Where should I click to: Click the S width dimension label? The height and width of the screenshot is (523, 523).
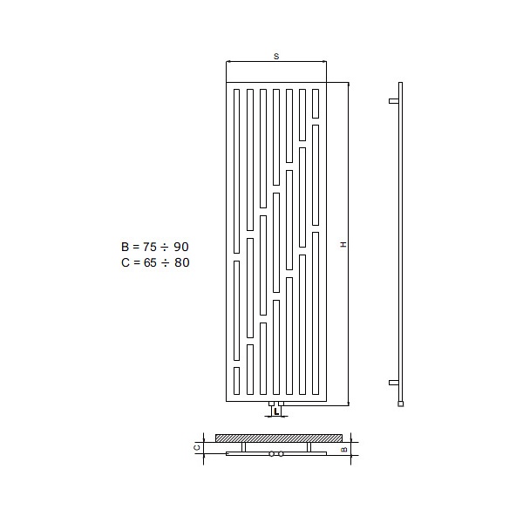pos(276,57)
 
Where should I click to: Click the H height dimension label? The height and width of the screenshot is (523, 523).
pos(343,244)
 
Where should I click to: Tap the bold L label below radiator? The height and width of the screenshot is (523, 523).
pos(276,412)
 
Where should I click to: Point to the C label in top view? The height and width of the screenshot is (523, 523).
pos(197,447)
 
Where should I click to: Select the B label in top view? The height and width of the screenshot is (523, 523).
pos(344,449)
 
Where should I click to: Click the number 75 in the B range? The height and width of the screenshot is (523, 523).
pos(150,247)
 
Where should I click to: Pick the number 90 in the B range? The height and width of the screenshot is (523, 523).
pos(181,247)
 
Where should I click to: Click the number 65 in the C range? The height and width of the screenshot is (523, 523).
pos(150,262)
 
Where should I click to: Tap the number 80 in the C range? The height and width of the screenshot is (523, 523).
pos(182,262)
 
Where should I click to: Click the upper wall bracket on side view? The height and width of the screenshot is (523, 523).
pos(394,101)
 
